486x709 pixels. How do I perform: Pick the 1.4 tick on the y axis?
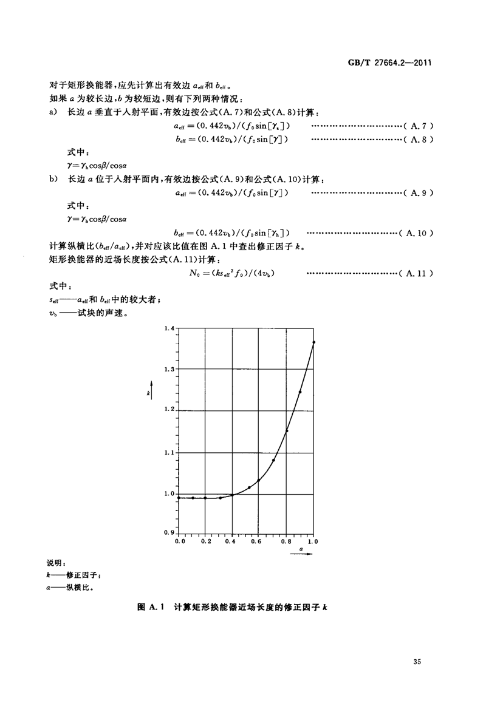[x=169, y=328]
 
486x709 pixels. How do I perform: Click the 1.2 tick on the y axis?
[x=169, y=410]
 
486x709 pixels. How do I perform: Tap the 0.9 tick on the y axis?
[x=169, y=532]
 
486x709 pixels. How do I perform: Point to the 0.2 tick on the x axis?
[x=206, y=540]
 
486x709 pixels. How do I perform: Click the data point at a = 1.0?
[x=314, y=342]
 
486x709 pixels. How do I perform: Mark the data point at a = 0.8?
[x=287, y=431]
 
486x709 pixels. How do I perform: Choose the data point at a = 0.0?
[x=179, y=498]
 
